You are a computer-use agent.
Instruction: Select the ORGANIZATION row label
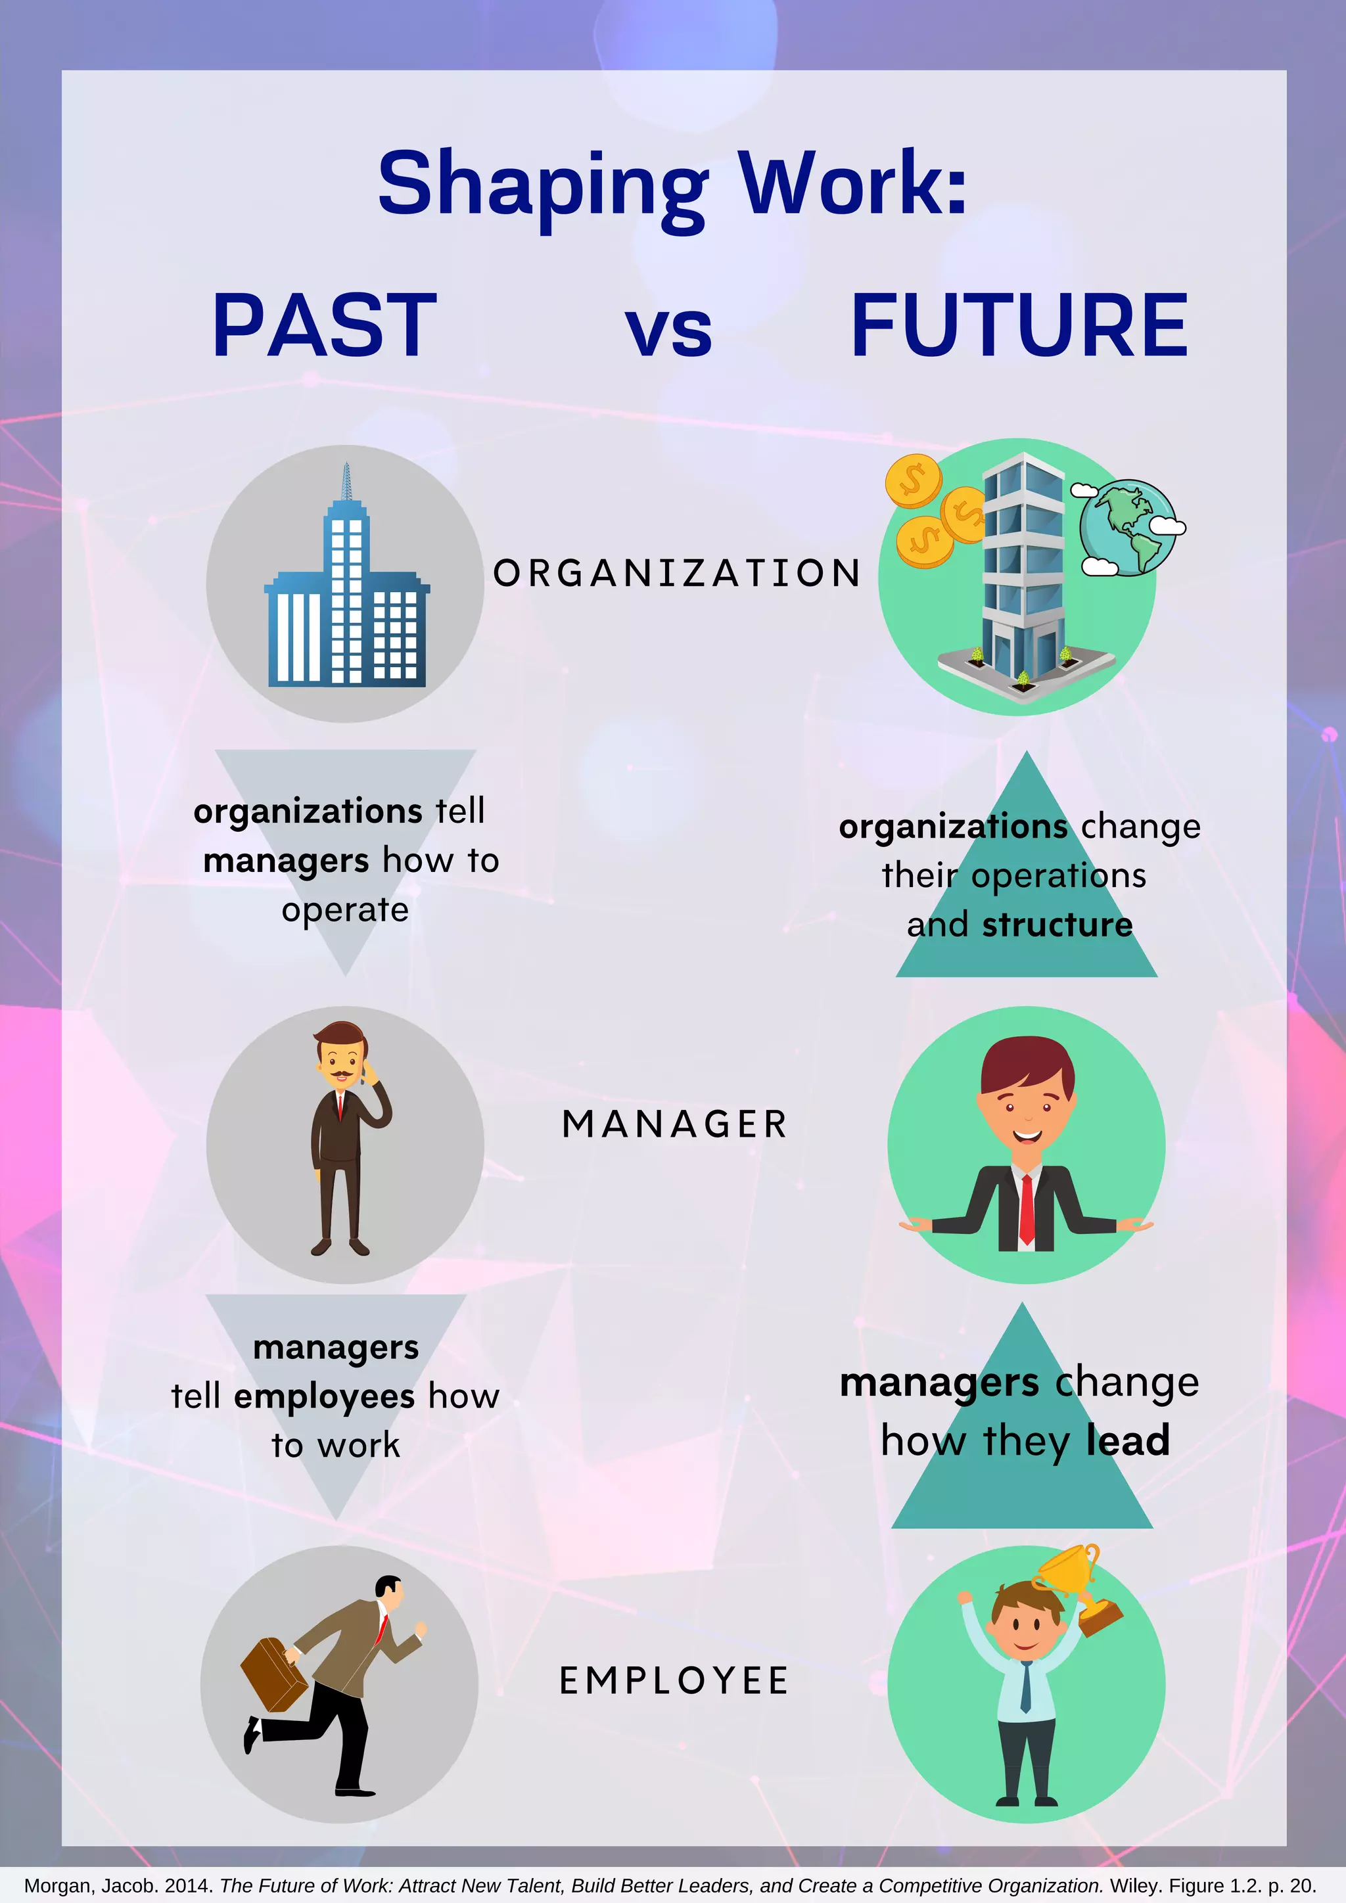677,574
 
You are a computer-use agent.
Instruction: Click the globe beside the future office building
1127,527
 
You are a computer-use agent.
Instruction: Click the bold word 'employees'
324,1396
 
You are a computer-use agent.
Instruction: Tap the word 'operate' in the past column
346,910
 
